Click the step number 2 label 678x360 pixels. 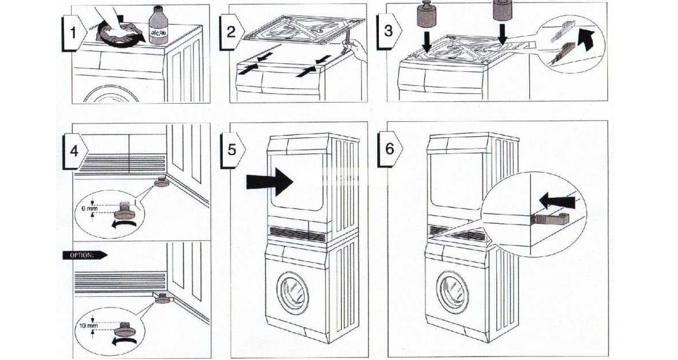point(230,32)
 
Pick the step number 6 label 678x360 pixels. point(389,149)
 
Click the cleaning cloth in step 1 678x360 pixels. point(116,36)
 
